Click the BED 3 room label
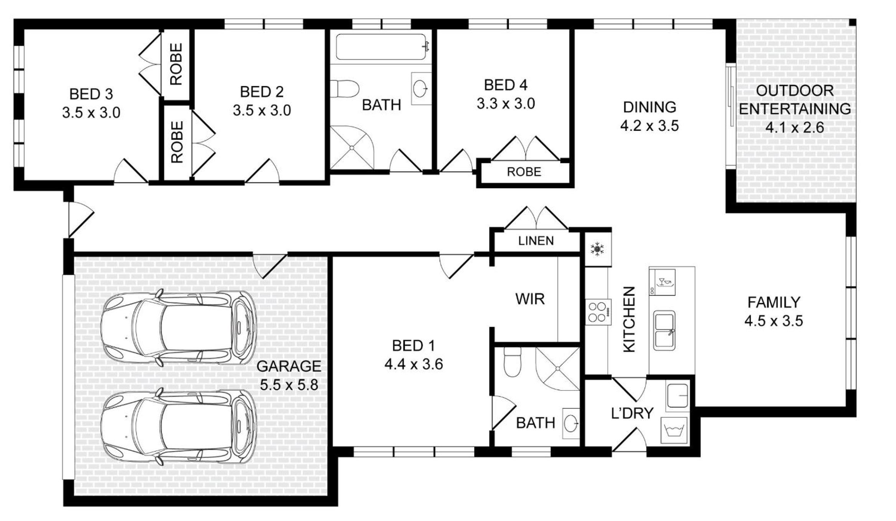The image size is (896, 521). tap(91, 94)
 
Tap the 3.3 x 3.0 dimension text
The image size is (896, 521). tap(506, 104)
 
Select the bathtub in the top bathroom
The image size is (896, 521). tap(381, 47)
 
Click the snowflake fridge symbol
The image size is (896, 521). tap(597, 249)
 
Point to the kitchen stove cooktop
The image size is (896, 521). tap(598, 312)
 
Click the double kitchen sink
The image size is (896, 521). tap(664, 330)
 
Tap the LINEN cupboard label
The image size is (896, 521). tap(536, 241)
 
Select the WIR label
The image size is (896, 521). tap(530, 299)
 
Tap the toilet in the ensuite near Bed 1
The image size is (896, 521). tap(512, 362)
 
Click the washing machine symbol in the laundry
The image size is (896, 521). tap(674, 430)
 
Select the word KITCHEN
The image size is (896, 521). tap(629, 319)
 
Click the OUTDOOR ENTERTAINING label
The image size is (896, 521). tap(795, 100)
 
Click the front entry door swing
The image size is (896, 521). tap(81, 219)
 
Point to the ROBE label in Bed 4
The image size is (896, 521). tap(524, 172)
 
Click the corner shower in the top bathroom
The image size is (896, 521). tap(352, 147)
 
